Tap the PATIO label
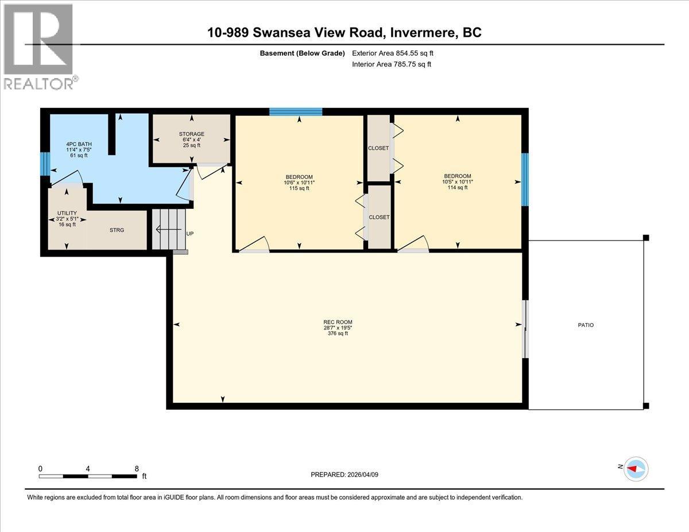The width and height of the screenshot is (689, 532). [586, 325]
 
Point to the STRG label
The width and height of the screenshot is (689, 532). [117, 230]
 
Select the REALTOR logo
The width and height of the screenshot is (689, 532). [38, 46]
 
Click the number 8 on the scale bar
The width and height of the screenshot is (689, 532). [136, 468]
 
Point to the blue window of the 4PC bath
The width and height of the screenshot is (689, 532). [44, 163]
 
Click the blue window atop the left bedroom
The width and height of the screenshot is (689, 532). [296, 111]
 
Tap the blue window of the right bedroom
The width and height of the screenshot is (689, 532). [524, 179]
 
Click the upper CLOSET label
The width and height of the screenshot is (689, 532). [378, 148]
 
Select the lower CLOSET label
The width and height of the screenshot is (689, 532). [379, 217]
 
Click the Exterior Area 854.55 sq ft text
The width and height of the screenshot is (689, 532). [397, 53]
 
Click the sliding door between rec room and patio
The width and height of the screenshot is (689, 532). [525, 328]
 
